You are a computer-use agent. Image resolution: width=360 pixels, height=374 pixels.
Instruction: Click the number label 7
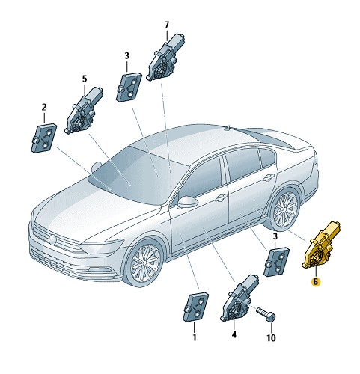click(167, 25)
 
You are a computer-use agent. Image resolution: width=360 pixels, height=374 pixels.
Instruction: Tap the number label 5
click(84, 78)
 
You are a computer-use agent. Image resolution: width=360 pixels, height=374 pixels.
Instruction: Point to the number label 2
click(44, 107)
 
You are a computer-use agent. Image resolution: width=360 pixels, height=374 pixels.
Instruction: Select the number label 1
click(194, 337)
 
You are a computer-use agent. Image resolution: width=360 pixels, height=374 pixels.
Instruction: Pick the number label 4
click(234, 336)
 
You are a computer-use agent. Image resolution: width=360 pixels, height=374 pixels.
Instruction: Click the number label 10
click(271, 337)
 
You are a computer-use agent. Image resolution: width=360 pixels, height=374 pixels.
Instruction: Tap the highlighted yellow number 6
click(316, 282)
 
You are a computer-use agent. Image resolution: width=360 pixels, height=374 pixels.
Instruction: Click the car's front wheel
click(143, 263)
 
